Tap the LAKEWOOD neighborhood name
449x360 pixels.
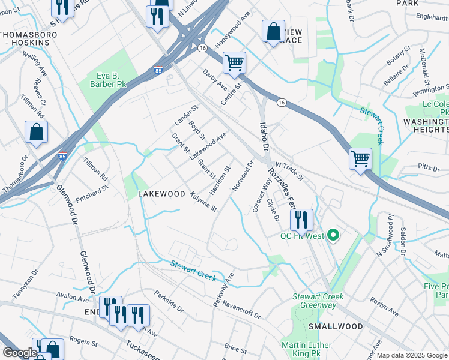tap(161, 194)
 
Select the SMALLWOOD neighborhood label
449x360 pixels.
tap(336, 326)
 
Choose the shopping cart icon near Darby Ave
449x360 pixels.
tap(234, 62)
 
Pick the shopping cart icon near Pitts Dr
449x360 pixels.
tap(360, 159)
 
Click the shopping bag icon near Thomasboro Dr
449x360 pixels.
tap(36, 133)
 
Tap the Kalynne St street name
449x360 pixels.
tap(203, 202)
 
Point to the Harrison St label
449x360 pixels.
tap(220, 181)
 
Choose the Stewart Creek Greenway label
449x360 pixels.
tap(318, 301)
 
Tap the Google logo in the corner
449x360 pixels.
tap(19, 353)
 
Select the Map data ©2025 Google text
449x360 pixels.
tap(411, 355)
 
